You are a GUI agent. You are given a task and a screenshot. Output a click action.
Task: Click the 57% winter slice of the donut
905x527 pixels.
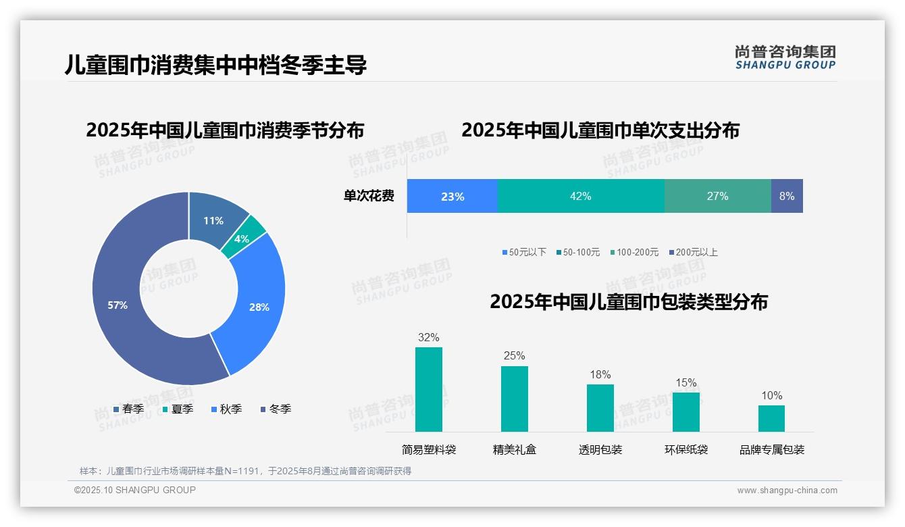coord(118,305)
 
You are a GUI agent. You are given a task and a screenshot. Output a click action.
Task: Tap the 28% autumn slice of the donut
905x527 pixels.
coord(259,307)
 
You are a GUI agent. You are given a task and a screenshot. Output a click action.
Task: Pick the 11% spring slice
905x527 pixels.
coord(213,220)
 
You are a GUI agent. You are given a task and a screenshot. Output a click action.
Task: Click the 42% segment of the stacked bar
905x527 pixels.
coord(580,196)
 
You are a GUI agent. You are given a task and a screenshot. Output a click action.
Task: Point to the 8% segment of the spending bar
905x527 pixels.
coord(787,196)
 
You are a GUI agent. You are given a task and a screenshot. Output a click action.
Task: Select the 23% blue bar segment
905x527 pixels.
coord(452,196)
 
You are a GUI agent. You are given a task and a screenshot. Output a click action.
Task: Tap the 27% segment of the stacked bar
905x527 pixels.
coord(717,196)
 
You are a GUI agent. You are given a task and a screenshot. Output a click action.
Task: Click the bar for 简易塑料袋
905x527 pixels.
coord(429,389)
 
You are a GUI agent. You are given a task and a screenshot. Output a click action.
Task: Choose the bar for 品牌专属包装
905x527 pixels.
coord(771,418)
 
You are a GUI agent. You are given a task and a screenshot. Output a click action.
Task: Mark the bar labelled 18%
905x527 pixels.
coord(600,407)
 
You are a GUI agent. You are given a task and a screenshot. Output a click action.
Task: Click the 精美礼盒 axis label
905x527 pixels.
coord(515,449)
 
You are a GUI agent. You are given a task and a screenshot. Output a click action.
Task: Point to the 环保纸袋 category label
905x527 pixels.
coord(686,449)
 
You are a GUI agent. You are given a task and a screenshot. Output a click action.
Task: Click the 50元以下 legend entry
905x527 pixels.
coord(524,252)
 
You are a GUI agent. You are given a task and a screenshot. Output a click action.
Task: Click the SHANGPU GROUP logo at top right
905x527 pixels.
coord(785,57)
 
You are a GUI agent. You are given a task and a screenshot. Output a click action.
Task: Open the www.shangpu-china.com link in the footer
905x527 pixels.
coord(787,491)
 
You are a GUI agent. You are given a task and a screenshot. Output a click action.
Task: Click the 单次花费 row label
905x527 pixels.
coord(369,196)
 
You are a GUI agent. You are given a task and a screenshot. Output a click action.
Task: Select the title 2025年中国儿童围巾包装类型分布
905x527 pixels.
coord(629,301)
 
